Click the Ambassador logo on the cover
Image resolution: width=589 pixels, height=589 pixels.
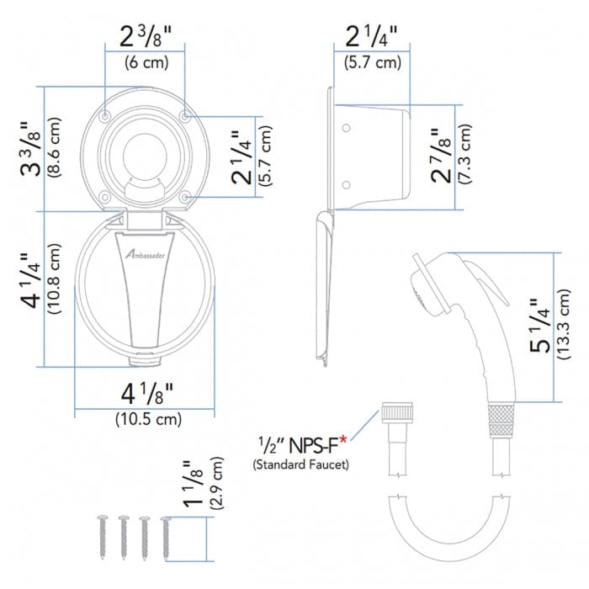[145, 255]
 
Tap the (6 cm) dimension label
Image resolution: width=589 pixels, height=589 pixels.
[146, 62]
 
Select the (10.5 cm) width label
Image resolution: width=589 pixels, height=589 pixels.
[148, 419]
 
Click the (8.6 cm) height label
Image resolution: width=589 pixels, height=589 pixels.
[53, 147]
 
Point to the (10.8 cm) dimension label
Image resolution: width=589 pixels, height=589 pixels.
[53, 279]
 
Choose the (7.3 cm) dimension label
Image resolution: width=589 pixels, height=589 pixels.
[464, 154]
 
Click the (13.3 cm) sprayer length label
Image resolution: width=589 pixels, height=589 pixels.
[563, 325]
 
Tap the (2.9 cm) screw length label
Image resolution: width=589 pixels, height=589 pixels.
[216, 483]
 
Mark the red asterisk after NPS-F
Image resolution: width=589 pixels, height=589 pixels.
[342, 439]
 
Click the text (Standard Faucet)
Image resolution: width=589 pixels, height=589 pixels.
[300, 464]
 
